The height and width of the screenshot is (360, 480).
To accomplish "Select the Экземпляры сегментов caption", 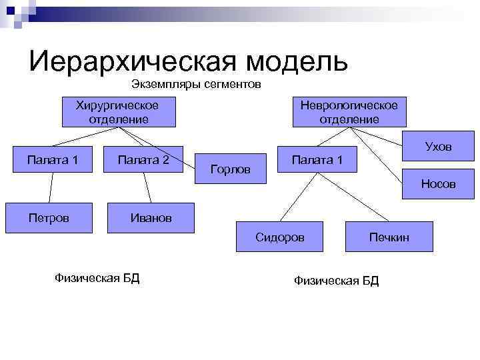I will (x=196, y=85).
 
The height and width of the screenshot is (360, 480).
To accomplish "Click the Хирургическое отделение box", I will (x=119, y=112).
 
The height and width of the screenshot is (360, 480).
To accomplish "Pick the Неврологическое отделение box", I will (x=349, y=112).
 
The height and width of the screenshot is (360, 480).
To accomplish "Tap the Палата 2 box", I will (x=143, y=160).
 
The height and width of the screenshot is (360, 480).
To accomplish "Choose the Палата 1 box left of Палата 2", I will (x=53, y=160).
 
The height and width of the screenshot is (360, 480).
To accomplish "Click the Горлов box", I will (x=231, y=169).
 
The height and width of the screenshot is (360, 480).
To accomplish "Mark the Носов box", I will (x=438, y=184).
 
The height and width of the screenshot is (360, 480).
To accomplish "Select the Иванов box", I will (x=151, y=217).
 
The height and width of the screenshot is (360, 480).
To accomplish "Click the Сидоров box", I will (x=280, y=237).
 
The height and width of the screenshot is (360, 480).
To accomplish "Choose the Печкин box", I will (x=390, y=237).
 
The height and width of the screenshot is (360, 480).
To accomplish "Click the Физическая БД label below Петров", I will (x=97, y=277).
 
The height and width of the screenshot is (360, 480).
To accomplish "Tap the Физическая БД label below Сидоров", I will (x=336, y=281).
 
